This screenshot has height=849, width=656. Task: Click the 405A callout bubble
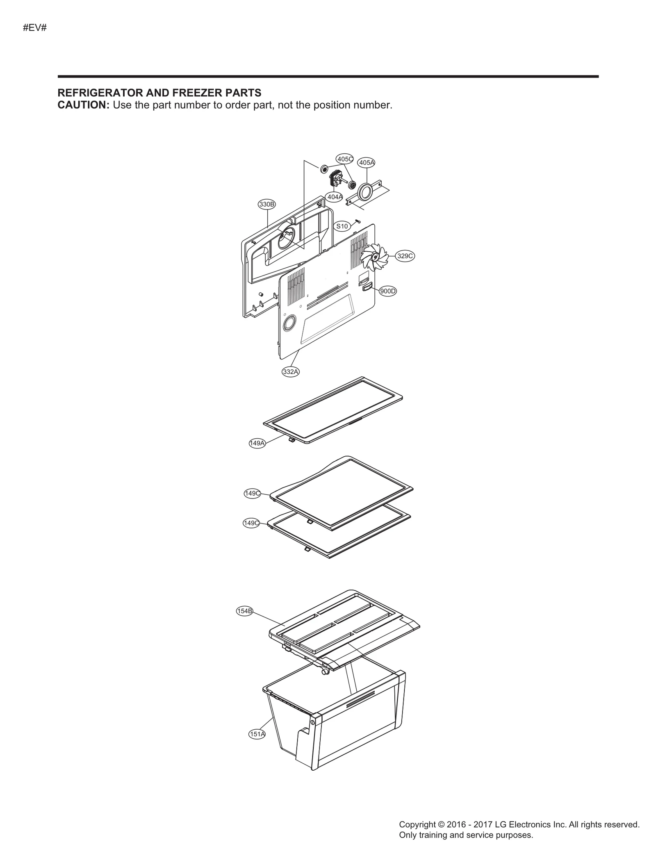367,162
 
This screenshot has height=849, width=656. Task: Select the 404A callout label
335,197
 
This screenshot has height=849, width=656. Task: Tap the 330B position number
267,204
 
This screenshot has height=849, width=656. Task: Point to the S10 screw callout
342,226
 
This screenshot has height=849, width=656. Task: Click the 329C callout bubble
405,256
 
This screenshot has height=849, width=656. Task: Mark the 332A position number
291,372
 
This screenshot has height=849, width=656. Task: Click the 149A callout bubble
257,443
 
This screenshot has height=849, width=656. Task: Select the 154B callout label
245,611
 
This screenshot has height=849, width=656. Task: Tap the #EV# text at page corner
35,28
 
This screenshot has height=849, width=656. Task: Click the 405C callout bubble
344,159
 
